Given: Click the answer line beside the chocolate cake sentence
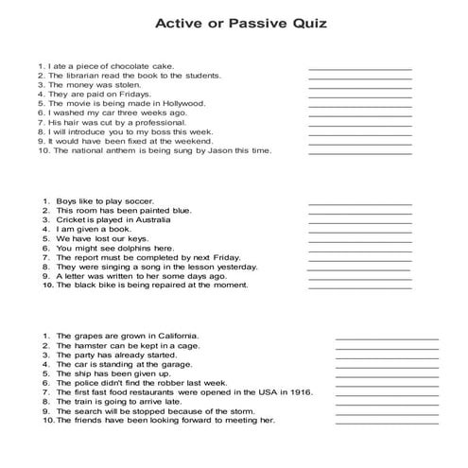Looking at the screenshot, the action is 359,68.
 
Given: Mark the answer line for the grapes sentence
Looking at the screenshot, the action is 387,338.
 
